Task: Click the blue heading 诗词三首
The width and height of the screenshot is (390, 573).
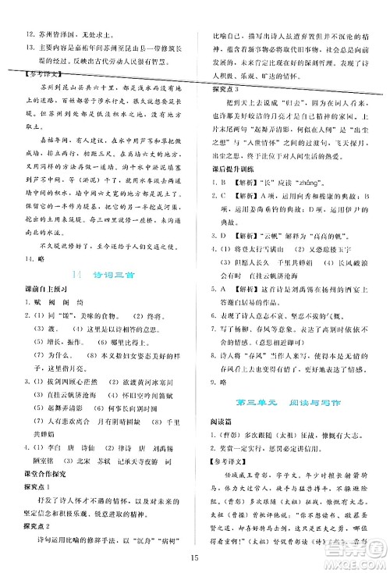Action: point(112,296)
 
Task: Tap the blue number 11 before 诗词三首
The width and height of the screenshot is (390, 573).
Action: point(76,296)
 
